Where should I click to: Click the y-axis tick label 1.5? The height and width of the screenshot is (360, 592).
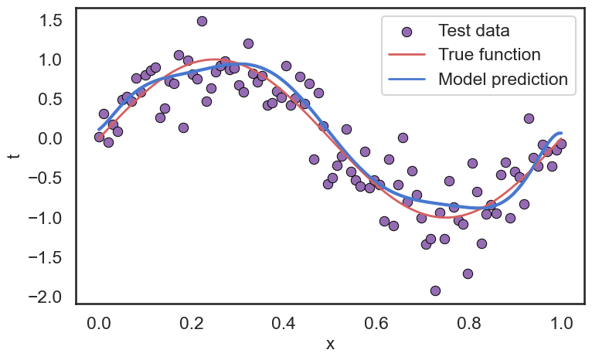(51, 21)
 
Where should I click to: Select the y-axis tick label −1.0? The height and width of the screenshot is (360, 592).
(46, 218)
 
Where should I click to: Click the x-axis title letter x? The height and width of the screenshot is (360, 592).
(330, 345)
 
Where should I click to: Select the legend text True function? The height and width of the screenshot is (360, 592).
(488, 55)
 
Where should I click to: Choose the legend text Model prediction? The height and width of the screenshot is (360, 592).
(502, 79)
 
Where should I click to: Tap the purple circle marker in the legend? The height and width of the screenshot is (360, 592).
(407, 32)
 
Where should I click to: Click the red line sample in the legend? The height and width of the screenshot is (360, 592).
(407, 55)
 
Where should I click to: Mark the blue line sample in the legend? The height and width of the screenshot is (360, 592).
(407, 79)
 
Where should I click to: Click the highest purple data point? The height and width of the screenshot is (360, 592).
(202, 21)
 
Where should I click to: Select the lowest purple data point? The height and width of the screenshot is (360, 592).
(435, 290)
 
